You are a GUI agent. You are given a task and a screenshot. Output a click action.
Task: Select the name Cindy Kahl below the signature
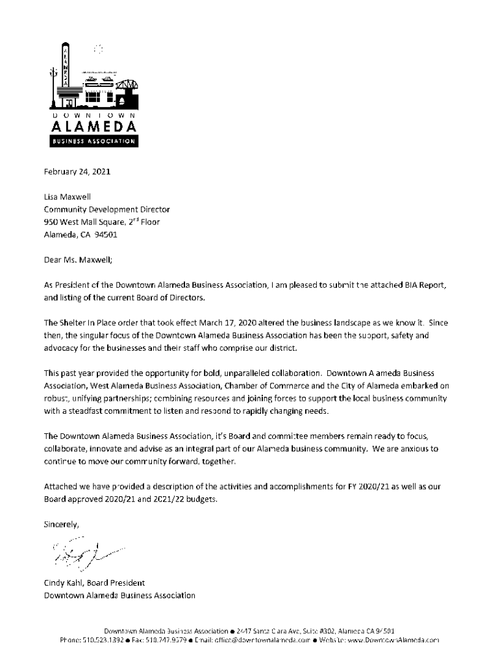click(61, 583)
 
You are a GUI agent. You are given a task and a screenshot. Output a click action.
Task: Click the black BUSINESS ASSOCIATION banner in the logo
click(91, 142)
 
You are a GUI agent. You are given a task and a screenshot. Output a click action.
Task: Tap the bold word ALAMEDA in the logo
click(91, 125)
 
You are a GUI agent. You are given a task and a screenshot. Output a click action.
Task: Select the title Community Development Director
click(106, 210)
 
